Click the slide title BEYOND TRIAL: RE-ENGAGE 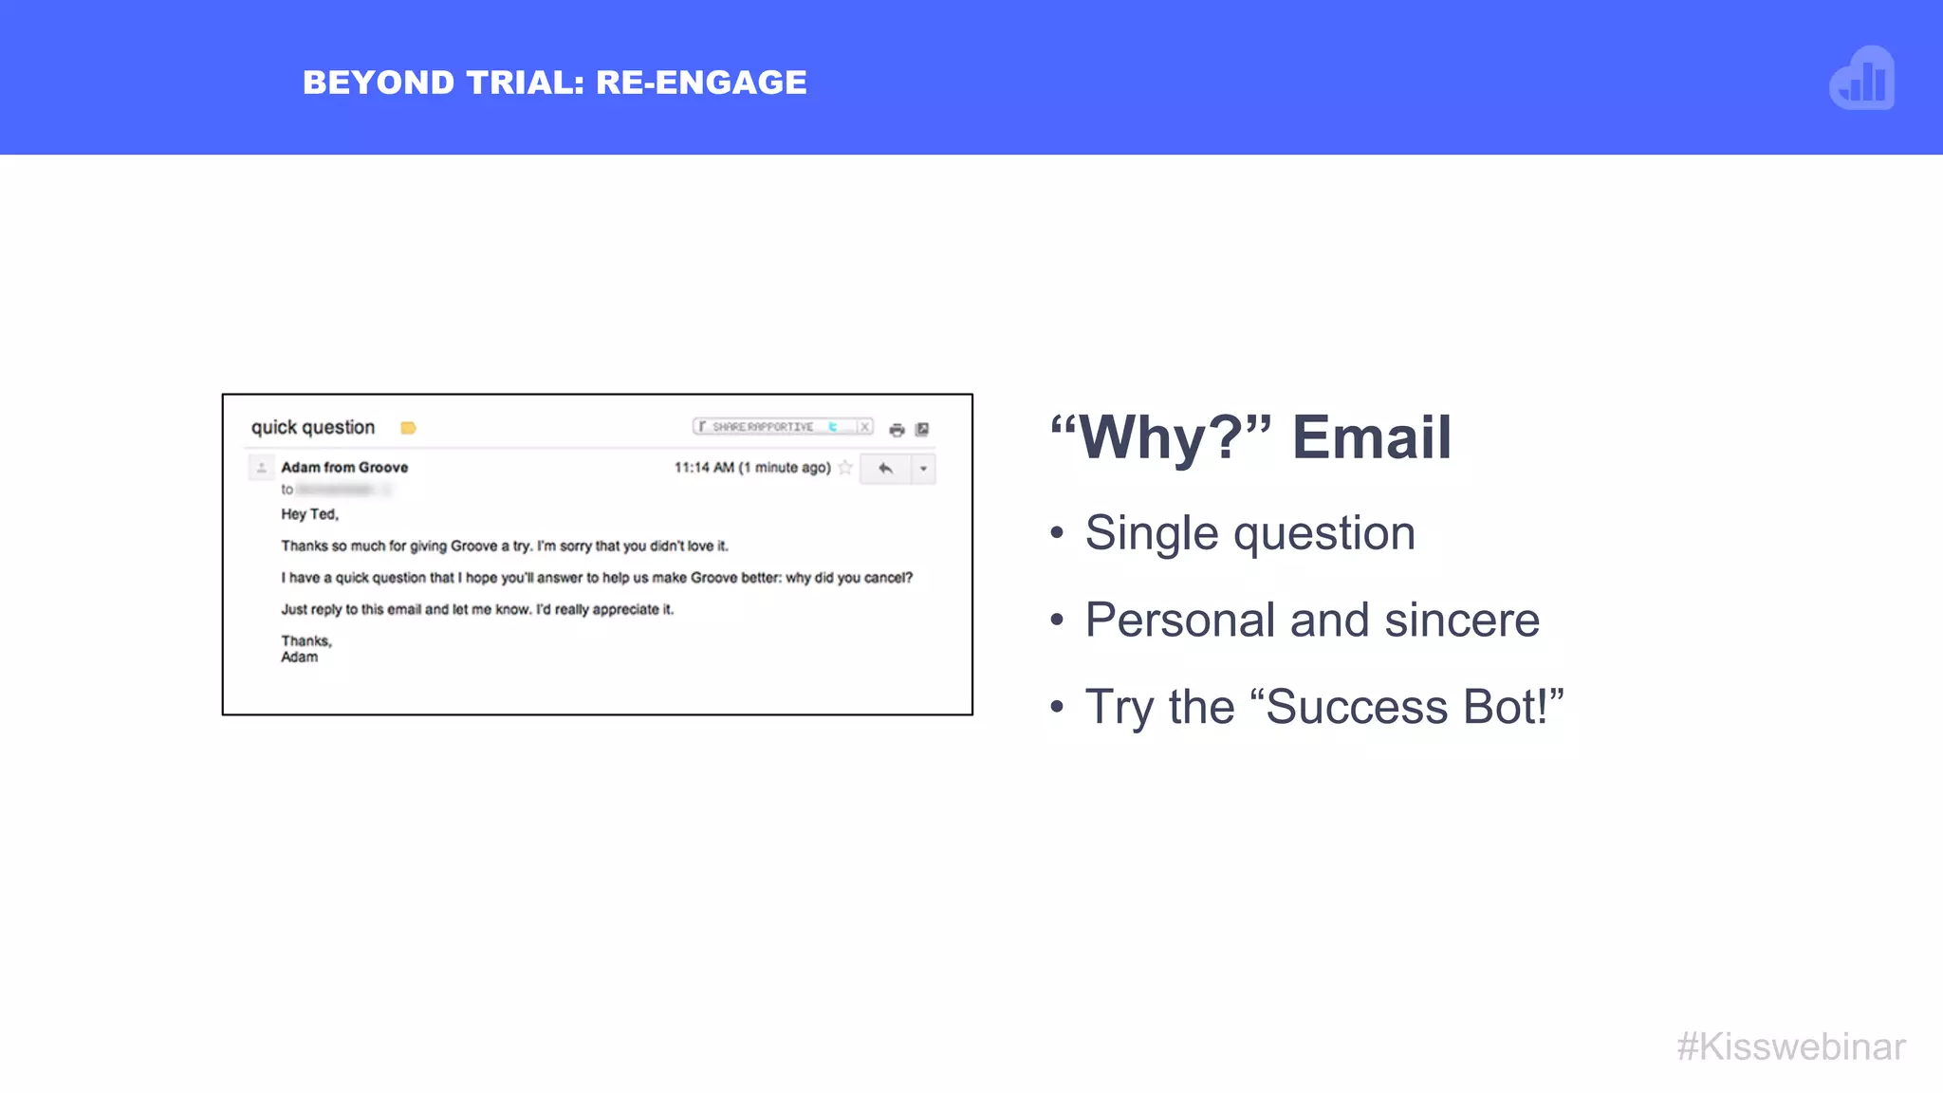click(554, 83)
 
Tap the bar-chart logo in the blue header click(1861, 79)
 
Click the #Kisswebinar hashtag click(1790, 1047)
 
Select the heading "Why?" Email click(1250, 437)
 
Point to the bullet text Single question click(1249, 533)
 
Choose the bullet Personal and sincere click(1311, 621)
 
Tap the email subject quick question click(312, 428)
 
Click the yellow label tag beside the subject click(408, 428)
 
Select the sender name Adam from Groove click(344, 468)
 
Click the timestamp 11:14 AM click(704, 468)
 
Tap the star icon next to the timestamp click(845, 468)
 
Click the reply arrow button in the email click(885, 469)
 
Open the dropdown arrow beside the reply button click(923, 469)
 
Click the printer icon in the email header click(897, 430)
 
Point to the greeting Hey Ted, click(309, 514)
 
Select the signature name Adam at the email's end click(299, 658)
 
